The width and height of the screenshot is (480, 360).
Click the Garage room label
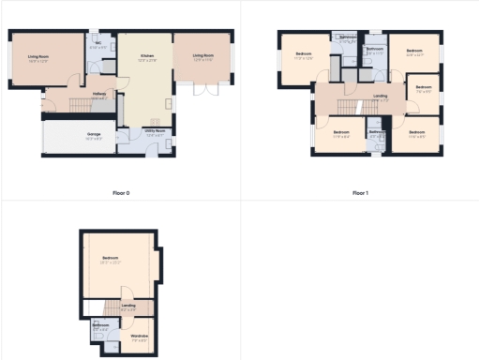pyautogui.click(x=94, y=134)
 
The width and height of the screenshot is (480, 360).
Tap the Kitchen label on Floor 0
pyautogui.click(x=147, y=56)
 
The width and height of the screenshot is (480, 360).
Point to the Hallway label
pyautogui.click(x=99, y=94)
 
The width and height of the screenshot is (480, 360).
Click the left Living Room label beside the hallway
pyautogui.click(x=38, y=56)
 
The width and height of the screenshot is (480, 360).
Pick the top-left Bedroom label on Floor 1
pyautogui.click(x=304, y=53)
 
